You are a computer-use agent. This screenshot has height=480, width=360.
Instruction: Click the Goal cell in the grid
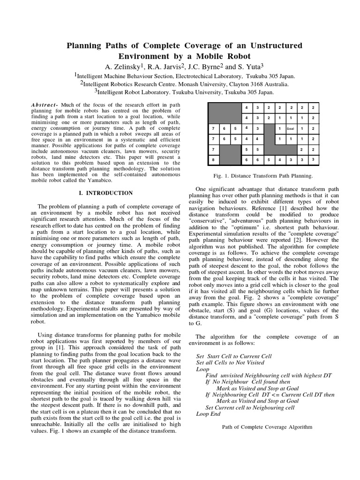[291, 128]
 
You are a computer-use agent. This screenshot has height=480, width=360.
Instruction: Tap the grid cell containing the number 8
[213, 160]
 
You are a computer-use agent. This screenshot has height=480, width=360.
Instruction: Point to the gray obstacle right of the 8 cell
[230, 155]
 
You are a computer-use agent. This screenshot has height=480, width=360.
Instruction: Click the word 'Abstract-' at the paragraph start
[45, 104]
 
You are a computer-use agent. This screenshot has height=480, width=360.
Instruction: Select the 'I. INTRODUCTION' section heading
[105, 193]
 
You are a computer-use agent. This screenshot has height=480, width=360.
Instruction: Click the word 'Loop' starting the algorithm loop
[202, 369]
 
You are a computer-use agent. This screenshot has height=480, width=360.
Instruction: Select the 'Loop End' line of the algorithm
[208, 414]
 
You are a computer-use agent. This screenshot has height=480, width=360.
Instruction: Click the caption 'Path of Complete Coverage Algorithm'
[267, 427]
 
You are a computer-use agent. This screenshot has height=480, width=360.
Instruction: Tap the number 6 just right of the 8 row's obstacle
[246, 160]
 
